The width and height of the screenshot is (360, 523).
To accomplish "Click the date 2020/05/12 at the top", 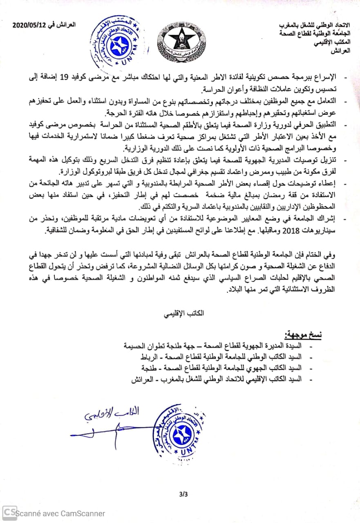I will [29, 25].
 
